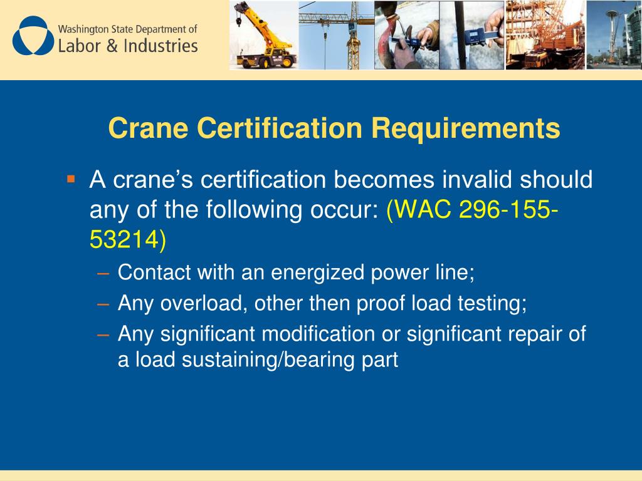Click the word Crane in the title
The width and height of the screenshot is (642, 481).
pos(148,128)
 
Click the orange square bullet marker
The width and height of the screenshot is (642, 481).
pos(70,179)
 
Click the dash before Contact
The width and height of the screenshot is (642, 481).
pos(103,273)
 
